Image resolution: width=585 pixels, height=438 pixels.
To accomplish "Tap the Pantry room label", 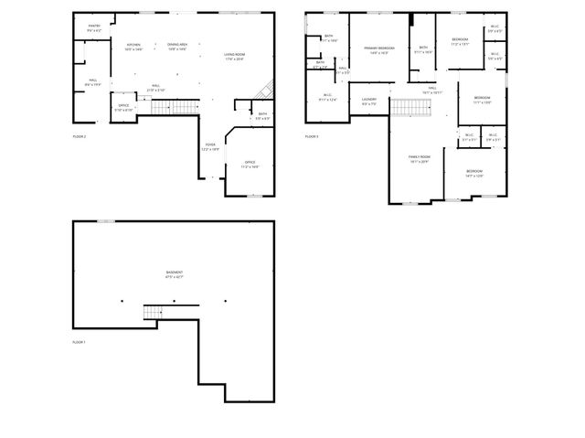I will pos(94,27).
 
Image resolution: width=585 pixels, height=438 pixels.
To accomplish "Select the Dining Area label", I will pos(176,46).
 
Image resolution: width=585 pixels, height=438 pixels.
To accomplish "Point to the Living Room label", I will pos(235,57).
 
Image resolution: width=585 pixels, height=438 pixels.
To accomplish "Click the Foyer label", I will pos(210,146).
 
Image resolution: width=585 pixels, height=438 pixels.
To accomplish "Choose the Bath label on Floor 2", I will pos(237,116).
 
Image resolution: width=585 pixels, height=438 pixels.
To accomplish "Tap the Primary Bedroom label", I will pos(379,49).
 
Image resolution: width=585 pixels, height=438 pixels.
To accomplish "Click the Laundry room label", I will pos(369,101).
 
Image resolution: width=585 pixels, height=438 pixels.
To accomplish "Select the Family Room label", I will pos(419,158).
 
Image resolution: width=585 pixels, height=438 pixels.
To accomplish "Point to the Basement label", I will pos(174,273).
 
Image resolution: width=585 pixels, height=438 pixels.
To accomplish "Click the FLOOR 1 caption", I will pos(79,342).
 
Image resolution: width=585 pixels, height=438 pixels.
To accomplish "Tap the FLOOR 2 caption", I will pos(80,136).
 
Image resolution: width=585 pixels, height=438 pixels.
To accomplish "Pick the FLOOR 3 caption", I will pos(313,136).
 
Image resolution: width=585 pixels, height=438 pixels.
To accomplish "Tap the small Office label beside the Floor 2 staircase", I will pos(123,107).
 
